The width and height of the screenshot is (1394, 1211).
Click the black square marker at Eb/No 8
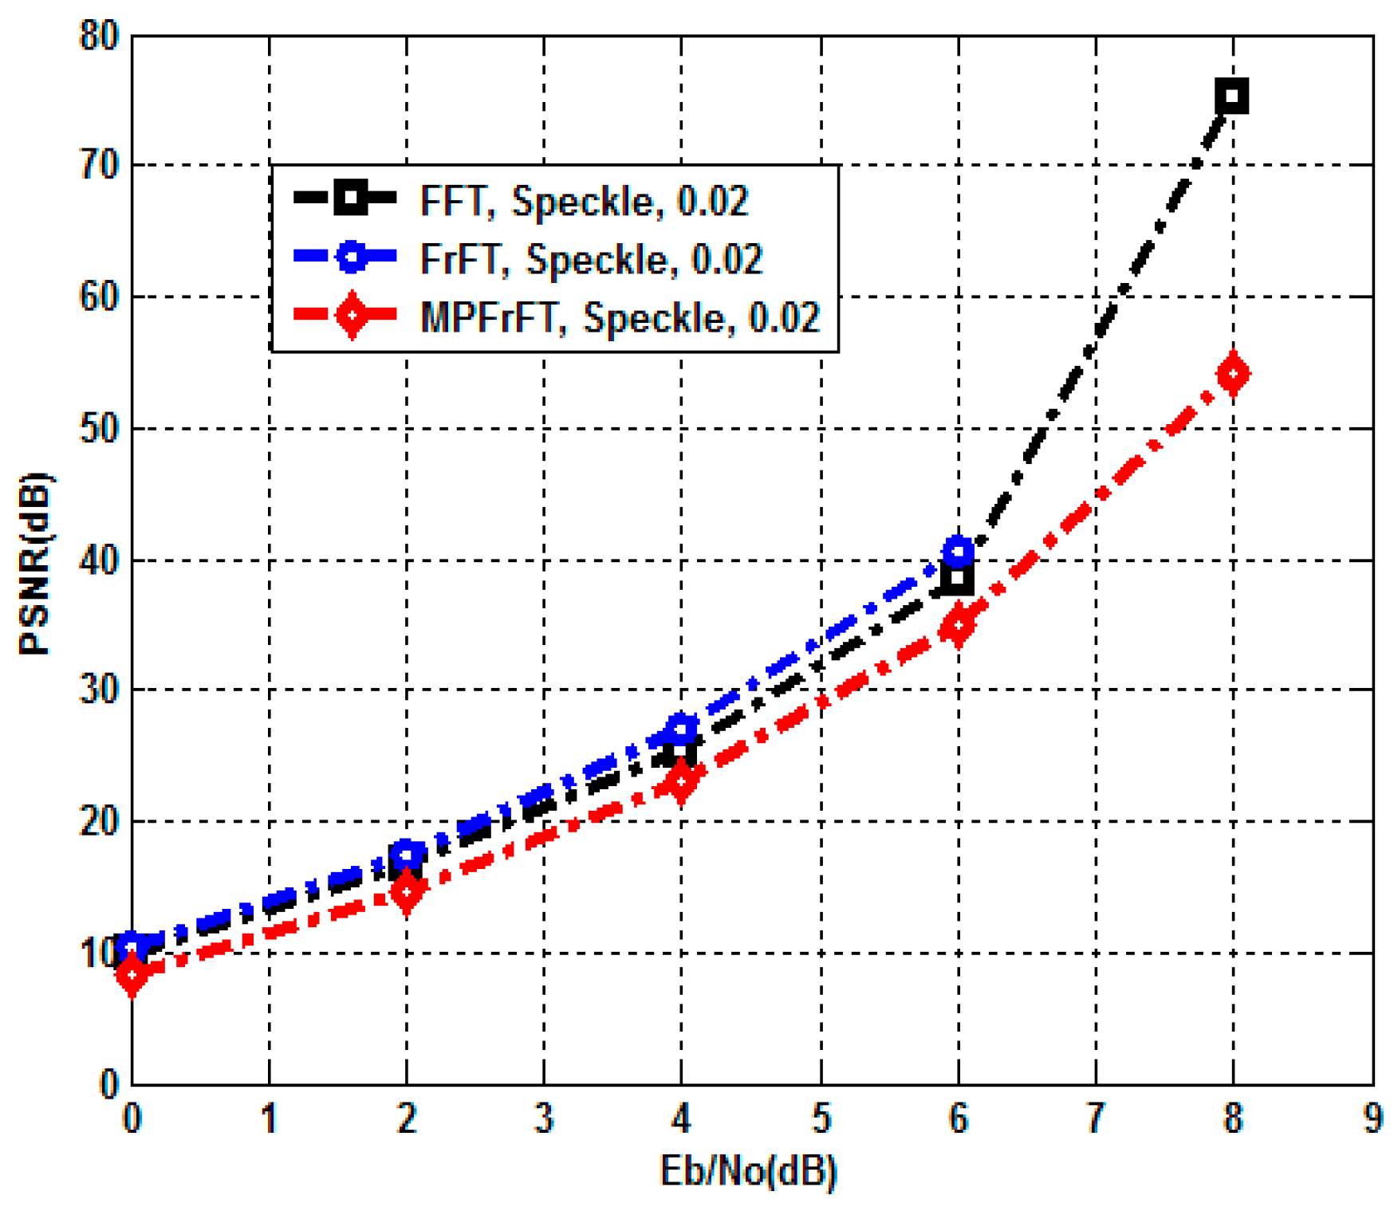[x=1232, y=96]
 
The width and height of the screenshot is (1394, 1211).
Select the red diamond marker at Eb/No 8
[x=1233, y=374]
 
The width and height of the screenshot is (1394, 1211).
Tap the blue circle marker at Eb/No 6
[x=958, y=551]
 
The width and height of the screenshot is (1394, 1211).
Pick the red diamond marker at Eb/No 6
[x=958, y=626]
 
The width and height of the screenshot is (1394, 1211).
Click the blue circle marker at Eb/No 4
[x=680, y=728]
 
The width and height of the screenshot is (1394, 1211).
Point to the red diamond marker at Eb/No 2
[x=407, y=891]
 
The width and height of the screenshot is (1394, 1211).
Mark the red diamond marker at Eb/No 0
[x=132, y=974]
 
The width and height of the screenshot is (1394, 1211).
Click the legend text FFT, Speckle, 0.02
[x=584, y=200]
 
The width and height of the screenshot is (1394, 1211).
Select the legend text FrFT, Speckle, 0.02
[x=591, y=258]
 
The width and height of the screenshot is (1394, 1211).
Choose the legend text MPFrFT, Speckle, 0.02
[x=620, y=317]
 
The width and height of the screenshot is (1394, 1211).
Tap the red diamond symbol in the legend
[x=351, y=316]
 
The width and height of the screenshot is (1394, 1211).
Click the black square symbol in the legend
[x=351, y=197]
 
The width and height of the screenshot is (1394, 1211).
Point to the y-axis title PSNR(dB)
[x=33, y=564]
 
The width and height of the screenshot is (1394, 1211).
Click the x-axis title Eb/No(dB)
[x=748, y=1171]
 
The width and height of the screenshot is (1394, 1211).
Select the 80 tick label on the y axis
[x=99, y=37]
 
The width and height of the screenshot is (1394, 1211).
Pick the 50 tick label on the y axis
[x=99, y=430]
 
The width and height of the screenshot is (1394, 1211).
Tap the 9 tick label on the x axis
[x=1372, y=1119]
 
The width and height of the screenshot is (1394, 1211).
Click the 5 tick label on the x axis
[x=821, y=1119]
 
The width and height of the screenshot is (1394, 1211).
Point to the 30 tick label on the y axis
[x=99, y=690]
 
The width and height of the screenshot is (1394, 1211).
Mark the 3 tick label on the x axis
[x=544, y=1119]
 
